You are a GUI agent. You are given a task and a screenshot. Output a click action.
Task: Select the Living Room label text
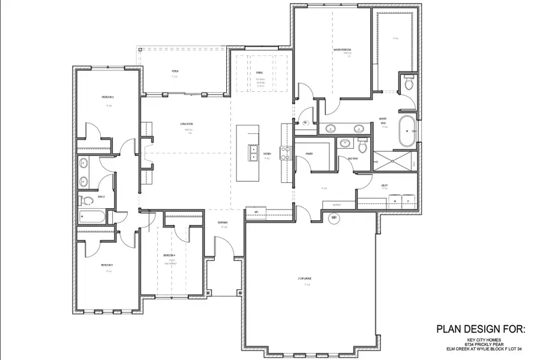click(x=185, y=125)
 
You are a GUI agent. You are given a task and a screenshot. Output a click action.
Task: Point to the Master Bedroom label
click(x=343, y=49)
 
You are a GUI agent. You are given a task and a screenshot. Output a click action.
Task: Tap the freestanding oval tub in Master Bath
click(x=408, y=131)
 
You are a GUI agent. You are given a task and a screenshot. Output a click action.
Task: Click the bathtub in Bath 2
click(x=91, y=217)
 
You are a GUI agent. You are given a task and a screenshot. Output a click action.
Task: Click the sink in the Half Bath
click(x=345, y=143)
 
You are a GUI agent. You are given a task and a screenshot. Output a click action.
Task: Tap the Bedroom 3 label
click(x=107, y=265)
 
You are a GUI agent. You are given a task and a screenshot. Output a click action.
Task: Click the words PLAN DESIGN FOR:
click(x=480, y=329)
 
